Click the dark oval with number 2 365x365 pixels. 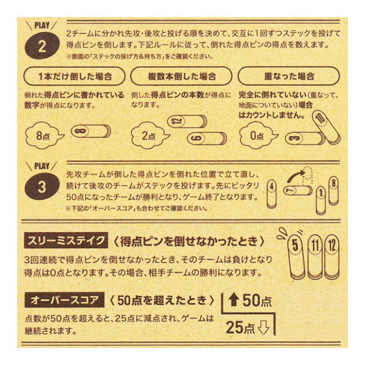click(x=42, y=46)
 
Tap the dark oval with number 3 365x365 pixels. click(x=42, y=186)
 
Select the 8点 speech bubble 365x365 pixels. click(x=44, y=135)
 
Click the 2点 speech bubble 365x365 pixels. click(x=149, y=135)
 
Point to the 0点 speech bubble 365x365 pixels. click(x=258, y=135)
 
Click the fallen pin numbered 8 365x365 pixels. click(x=91, y=131)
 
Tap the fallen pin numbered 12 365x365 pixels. click(x=187, y=121)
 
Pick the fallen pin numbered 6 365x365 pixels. click(x=206, y=138)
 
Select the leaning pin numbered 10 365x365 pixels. click(x=326, y=126)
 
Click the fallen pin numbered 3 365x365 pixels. click(x=305, y=138)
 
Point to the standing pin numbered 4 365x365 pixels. click(x=271, y=194)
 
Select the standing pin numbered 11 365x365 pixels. click(x=315, y=257)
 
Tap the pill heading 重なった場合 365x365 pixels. click(x=289, y=76)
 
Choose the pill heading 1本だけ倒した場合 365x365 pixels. click(x=75, y=76)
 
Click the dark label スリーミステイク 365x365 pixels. click(x=66, y=240)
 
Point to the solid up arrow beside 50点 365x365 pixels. click(x=234, y=300)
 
